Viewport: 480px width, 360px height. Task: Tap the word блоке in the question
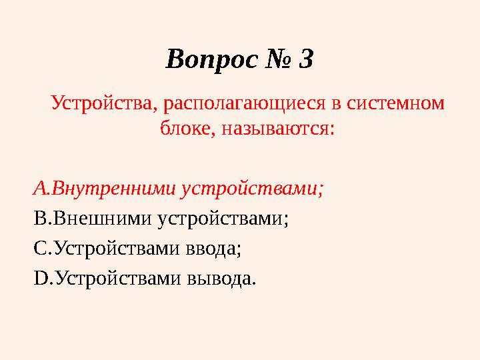click(185, 127)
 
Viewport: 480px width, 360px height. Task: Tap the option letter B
click(38, 219)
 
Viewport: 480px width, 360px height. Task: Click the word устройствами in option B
click(213, 219)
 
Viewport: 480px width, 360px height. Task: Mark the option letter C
click(38, 248)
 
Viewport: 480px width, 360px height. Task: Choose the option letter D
click(39, 277)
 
